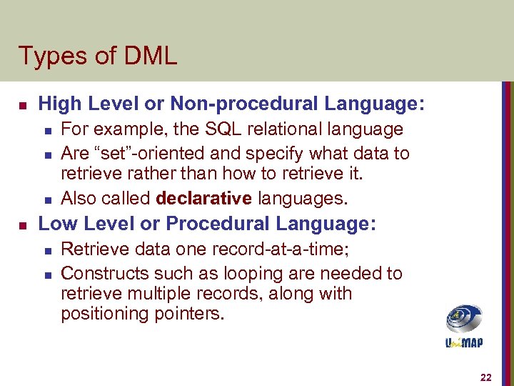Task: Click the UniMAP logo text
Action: click(x=464, y=343)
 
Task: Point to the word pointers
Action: click(x=189, y=314)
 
